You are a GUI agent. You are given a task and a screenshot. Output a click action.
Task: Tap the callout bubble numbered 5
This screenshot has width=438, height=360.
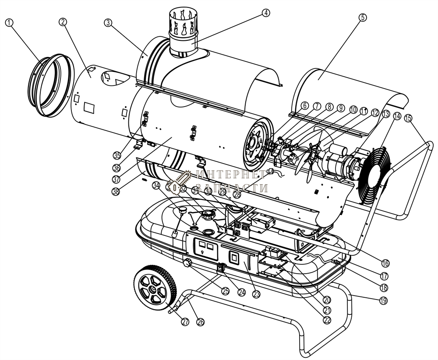click(362, 18)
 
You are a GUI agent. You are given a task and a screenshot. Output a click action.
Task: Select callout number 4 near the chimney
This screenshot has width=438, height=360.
click(265, 13)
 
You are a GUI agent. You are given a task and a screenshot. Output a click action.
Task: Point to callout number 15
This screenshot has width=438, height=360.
click(408, 118)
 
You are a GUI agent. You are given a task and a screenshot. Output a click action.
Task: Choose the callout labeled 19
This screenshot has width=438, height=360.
click(384, 300)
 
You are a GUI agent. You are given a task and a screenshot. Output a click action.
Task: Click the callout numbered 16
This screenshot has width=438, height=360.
click(385, 263)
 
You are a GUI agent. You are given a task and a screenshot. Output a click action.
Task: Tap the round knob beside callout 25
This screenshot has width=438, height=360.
click(188, 263)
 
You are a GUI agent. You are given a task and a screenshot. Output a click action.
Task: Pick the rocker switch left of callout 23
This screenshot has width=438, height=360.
click(234, 257)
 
